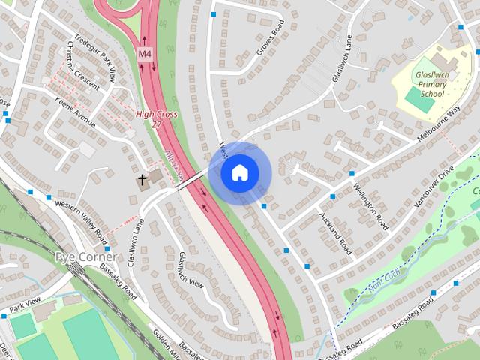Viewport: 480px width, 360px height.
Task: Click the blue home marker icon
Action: point(238,173)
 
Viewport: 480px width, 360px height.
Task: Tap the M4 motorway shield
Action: point(144,54)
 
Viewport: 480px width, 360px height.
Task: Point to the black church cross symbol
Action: point(142,180)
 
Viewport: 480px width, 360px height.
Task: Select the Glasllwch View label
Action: point(191,270)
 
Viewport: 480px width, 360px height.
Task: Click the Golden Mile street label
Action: point(169,345)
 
